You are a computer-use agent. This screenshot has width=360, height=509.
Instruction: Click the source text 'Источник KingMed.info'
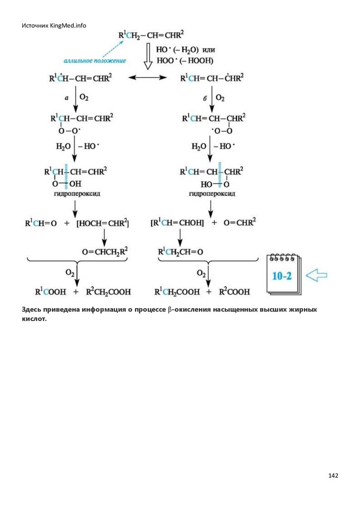click(54, 25)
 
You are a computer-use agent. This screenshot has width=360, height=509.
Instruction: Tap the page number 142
click(333, 476)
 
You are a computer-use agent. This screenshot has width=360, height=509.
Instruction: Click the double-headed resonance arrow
click(148, 78)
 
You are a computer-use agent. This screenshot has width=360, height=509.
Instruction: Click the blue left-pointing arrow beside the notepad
click(316, 275)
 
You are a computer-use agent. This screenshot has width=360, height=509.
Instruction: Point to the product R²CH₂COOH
click(108, 292)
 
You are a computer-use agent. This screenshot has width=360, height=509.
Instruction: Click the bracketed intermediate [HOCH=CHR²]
click(102, 223)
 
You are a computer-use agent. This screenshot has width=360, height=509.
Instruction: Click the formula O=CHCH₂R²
click(105, 252)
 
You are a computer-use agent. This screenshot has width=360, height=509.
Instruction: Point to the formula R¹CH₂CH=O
click(180, 252)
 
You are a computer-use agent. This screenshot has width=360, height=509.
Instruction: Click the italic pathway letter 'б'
click(204, 98)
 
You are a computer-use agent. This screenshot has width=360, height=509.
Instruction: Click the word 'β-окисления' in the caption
click(190, 310)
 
